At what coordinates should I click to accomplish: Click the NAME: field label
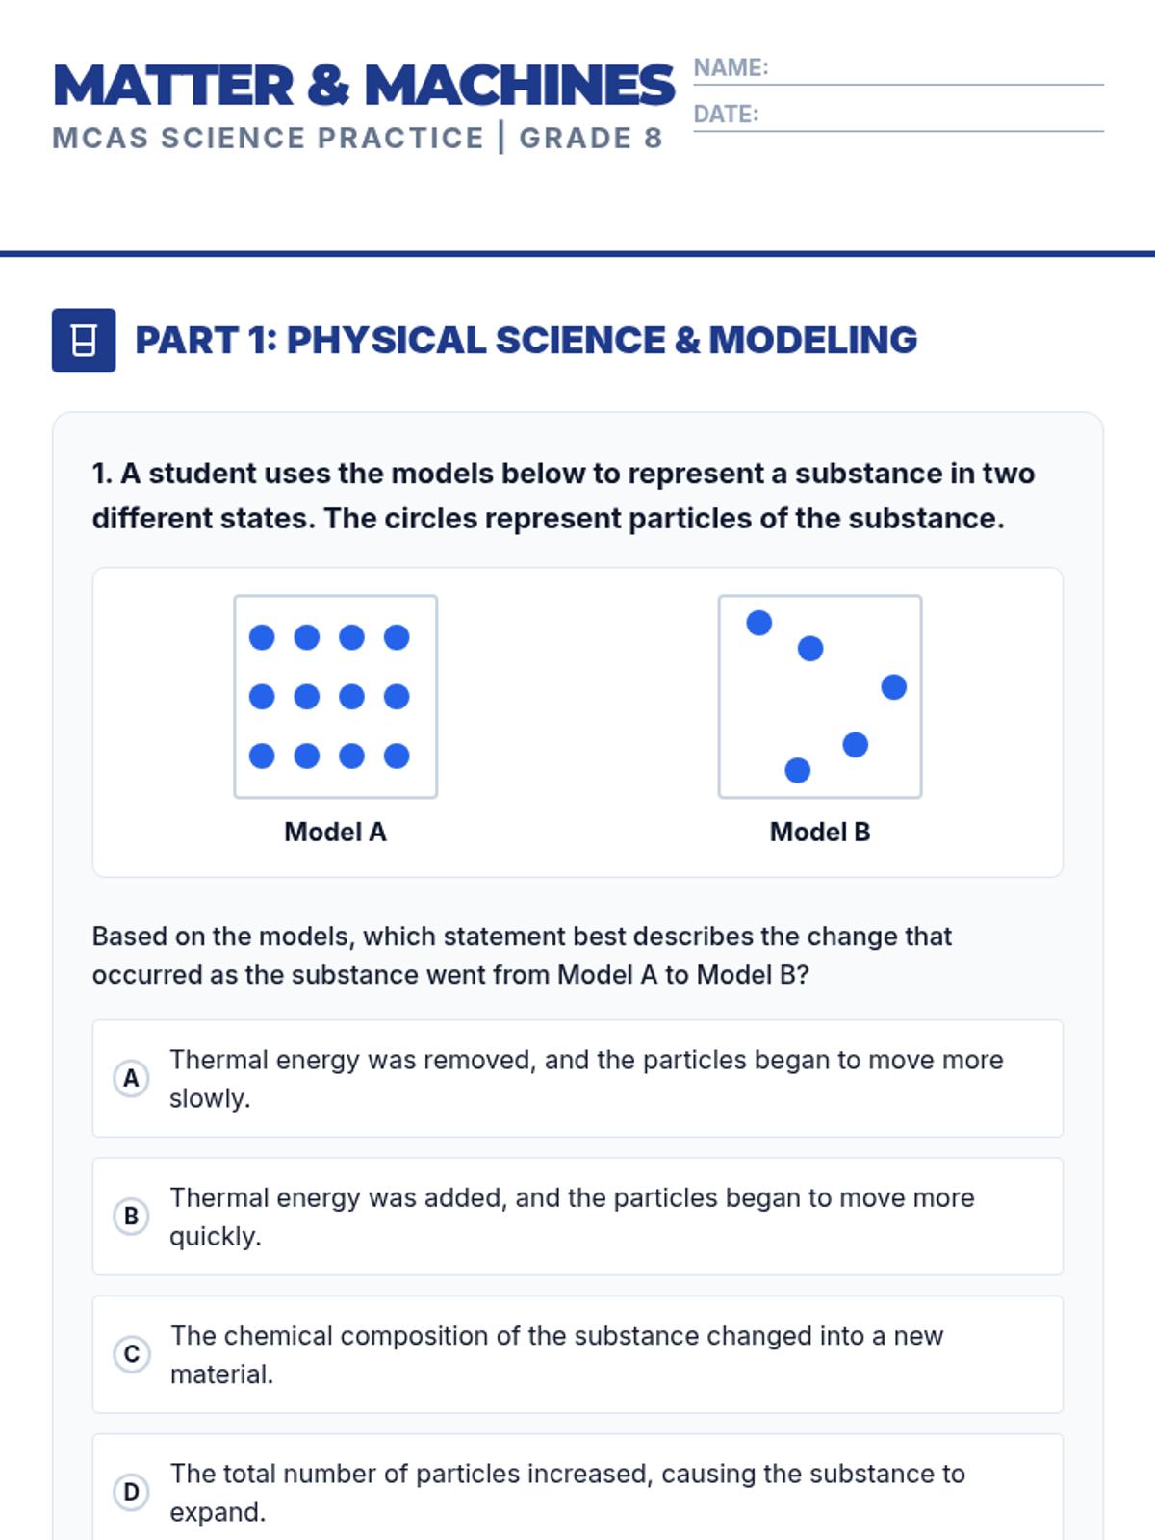click(731, 67)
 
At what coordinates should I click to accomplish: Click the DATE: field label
click(726, 115)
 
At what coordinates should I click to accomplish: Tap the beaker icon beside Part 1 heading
click(84, 340)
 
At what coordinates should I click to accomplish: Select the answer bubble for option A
click(131, 1078)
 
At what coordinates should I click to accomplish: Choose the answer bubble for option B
click(131, 1216)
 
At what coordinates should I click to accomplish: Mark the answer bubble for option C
click(131, 1354)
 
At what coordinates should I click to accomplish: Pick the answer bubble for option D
click(131, 1492)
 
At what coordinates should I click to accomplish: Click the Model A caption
click(335, 832)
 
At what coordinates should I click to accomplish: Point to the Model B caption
click(820, 832)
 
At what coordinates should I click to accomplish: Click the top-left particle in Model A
click(262, 637)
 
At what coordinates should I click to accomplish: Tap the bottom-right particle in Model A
click(397, 756)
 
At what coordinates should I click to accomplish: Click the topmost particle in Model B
click(759, 623)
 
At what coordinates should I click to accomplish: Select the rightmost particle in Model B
click(894, 687)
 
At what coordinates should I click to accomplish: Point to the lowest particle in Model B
click(798, 770)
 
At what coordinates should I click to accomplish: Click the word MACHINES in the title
click(520, 86)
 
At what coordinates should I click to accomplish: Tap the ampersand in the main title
click(328, 86)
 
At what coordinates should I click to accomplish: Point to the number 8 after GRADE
click(654, 139)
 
